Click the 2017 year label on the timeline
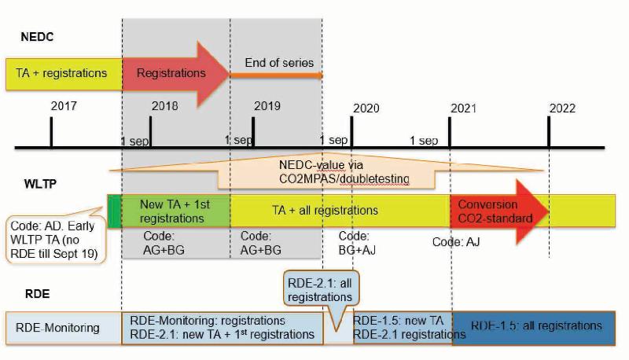pos(63,106)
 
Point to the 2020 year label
pos(366,108)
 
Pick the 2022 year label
pos(562,108)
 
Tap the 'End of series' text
pos(278,63)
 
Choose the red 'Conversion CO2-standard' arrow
pos(494,211)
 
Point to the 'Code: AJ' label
pos(456,242)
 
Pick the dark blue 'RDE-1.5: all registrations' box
pos(537,326)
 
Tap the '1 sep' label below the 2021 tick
pos(424,141)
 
